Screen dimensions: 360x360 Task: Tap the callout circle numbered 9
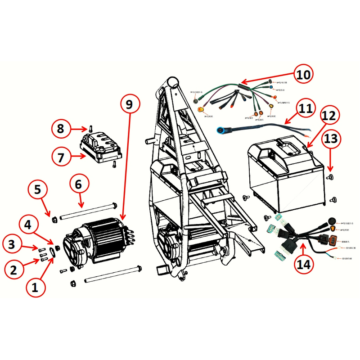pos(130,105)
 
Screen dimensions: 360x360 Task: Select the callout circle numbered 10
pos(303,74)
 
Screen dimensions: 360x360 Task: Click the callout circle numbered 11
pos(306,109)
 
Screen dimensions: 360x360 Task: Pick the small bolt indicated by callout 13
pos(331,175)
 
